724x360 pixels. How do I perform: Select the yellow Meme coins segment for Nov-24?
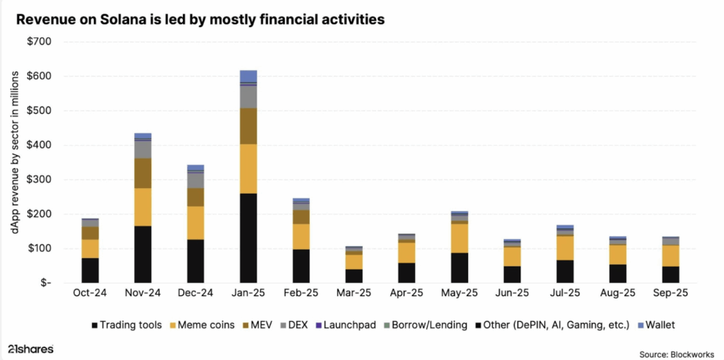(x=143, y=207)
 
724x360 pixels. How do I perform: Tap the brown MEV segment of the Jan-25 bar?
(x=248, y=126)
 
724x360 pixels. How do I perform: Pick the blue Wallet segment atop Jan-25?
(x=248, y=76)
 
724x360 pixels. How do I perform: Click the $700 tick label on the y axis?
(x=39, y=42)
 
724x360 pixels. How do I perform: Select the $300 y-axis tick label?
(x=39, y=180)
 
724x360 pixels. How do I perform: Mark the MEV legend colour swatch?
(x=247, y=325)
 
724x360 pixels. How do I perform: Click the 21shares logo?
(x=30, y=349)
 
